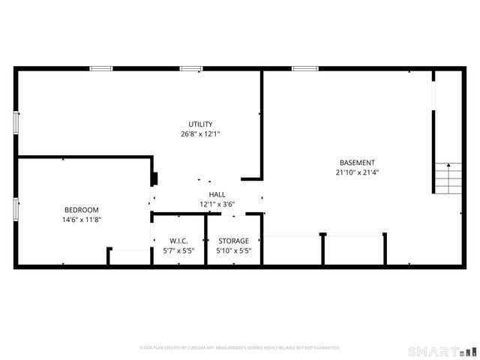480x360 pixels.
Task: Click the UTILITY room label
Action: tap(200, 124)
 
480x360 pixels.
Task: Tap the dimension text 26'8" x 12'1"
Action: tap(200, 134)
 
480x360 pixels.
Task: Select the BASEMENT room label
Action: tap(357, 163)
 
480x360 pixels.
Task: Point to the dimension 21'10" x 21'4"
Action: tap(357, 172)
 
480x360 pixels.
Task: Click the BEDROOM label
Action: tap(81, 210)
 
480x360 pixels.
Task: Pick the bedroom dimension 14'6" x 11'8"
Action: tap(81, 220)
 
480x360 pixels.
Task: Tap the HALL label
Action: tap(217, 194)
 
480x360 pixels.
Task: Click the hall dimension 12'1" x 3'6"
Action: tap(217, 204)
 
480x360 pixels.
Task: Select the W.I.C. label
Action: tap(178, 241)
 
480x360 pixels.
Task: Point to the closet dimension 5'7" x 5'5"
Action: tap(178, 250)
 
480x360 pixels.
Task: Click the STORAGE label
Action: tap(233, 241)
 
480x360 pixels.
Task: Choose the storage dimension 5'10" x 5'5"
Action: tap(233, 250)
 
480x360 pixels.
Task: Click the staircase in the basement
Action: tap(447, 178)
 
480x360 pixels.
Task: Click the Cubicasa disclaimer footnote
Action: tap(240, 348)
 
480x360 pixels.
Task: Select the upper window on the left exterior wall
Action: tap(16, 122)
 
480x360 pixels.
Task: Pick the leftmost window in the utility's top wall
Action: tap(100, 69)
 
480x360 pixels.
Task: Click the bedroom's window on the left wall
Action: tap(16, 209)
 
